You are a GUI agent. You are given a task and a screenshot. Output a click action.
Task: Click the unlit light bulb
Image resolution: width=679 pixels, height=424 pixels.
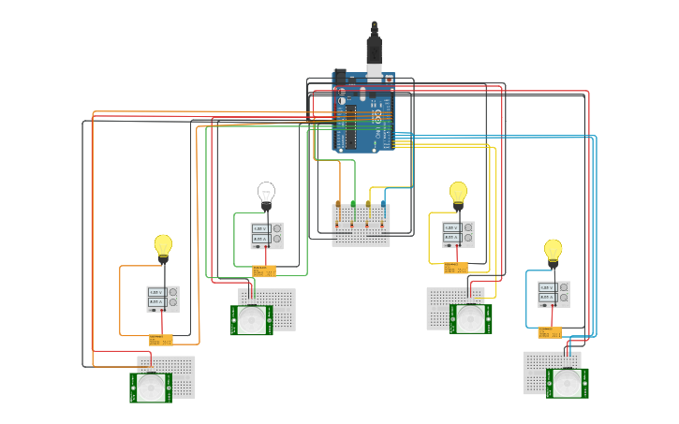266,193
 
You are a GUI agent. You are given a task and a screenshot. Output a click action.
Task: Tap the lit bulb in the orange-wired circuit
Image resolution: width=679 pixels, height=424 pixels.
163,244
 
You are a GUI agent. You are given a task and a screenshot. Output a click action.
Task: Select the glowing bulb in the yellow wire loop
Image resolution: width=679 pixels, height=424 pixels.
458,192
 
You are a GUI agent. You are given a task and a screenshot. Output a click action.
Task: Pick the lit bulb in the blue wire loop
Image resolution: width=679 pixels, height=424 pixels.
553,249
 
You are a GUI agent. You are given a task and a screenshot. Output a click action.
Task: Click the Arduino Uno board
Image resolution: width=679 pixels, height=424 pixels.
364,111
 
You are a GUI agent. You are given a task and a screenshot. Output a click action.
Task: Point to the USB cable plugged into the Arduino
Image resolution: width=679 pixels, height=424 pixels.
374,47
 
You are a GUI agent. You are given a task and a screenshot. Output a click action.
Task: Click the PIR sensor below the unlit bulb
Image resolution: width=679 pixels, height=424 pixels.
251,320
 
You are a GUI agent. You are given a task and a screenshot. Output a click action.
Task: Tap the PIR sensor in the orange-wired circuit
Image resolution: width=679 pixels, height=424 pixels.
151,387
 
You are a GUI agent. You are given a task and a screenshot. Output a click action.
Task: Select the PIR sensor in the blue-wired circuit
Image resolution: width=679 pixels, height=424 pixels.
567,382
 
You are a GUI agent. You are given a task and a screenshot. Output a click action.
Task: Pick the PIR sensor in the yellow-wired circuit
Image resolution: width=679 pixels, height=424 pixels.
469,318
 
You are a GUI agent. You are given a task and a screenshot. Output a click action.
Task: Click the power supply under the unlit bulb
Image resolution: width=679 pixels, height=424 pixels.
267,234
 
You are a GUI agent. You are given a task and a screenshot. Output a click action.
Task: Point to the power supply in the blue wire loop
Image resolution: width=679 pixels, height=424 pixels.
553,294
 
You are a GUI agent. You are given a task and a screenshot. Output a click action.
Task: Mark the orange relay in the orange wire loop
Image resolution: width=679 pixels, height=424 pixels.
161,340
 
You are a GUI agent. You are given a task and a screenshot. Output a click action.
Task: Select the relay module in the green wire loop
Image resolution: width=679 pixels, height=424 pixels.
264,270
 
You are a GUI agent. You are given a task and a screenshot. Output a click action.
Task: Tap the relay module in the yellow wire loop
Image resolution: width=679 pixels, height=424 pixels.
456,269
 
